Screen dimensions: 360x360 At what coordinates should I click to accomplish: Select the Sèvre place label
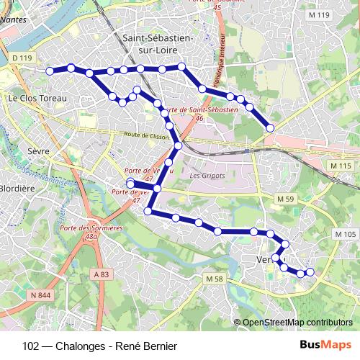[37, 153]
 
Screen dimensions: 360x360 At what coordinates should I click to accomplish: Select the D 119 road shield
[23, 57]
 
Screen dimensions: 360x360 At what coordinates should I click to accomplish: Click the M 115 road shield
[341, 166]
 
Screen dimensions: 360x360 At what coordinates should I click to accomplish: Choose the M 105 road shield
[346, 235]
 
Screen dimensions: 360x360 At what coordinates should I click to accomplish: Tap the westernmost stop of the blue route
[50, 71]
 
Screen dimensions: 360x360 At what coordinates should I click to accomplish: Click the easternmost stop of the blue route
[310, 271]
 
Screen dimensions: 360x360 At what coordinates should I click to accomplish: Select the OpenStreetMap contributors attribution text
[298, 322]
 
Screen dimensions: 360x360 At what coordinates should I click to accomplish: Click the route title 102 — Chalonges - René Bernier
[99, 346]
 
